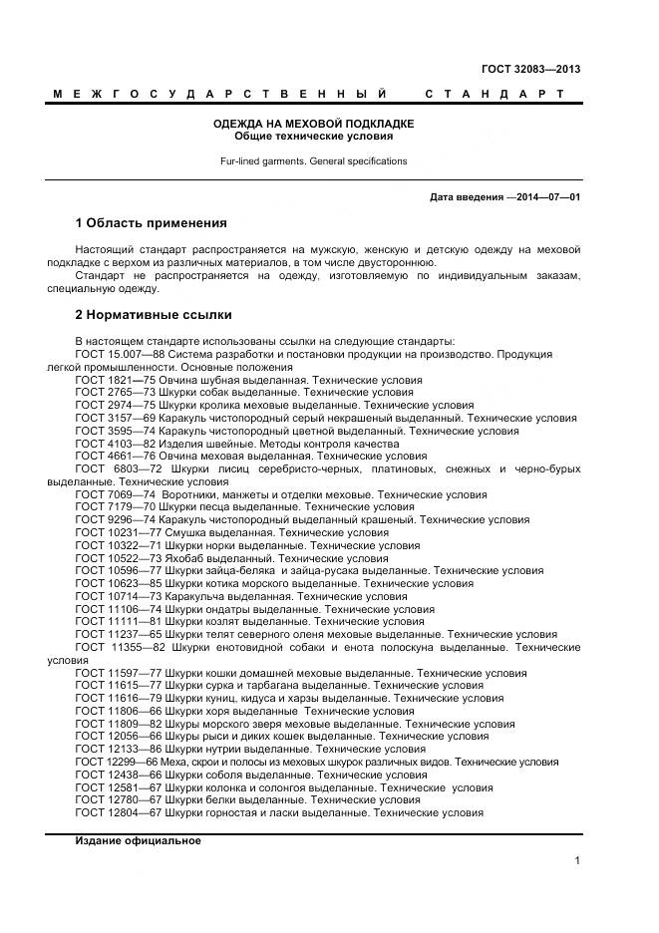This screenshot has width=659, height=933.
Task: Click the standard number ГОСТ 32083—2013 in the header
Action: [x=530, y=70]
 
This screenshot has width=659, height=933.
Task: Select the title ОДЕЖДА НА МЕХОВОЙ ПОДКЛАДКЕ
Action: [x=314, y=124]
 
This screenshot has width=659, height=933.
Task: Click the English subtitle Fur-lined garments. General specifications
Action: [x=314, y=160]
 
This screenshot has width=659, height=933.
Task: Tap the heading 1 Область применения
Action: [x=152, y=222]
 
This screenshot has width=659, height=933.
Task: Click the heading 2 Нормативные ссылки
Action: [x=154, y=315]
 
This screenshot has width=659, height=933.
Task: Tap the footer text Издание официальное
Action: [x=138, y=840]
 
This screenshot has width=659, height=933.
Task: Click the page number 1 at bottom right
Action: [x=577, y=860]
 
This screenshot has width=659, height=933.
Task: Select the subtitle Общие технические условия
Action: [x=314, y=136]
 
